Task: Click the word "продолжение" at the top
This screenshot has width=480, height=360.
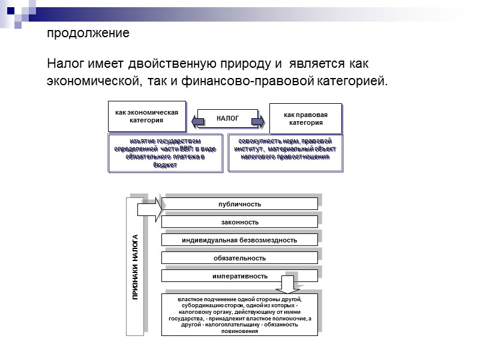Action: pyautogui.click(x=88, y=34)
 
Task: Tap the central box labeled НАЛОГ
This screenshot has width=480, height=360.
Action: pyautogui.click(x=227, y=119)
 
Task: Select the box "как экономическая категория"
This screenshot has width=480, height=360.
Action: pyautogui.click(x=147, y=116)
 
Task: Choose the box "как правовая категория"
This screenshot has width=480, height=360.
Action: pyautogui.click(x=305, y=118)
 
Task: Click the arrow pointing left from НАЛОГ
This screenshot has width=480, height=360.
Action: pyautogui.click(x=194, y=121)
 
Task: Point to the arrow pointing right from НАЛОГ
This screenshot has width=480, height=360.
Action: pyautogui.click(x=260, y=121)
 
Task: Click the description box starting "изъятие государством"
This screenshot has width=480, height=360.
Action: pyautogui.click(x=165, y=153)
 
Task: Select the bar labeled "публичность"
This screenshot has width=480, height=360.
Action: pyautogui.click(x=239, y=204)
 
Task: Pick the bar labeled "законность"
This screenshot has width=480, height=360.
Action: pyautogui.click(x=239, y=222)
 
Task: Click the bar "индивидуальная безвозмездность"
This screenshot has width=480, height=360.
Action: pyautogui.click(x=239, y=240)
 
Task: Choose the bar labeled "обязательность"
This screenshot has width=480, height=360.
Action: pyautogui.click(x=239, y=258)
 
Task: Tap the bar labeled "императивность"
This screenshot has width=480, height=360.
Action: pyautogui.click(x=239, y=276)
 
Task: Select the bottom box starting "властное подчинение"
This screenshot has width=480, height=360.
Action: pyautogui.click(x=239, y=315)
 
